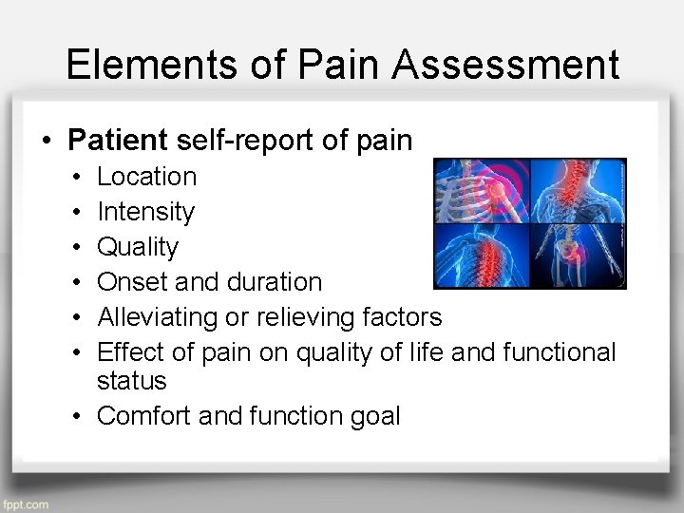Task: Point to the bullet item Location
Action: point(147,177)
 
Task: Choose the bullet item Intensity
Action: point(146,212)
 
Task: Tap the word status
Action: point(132,381)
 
